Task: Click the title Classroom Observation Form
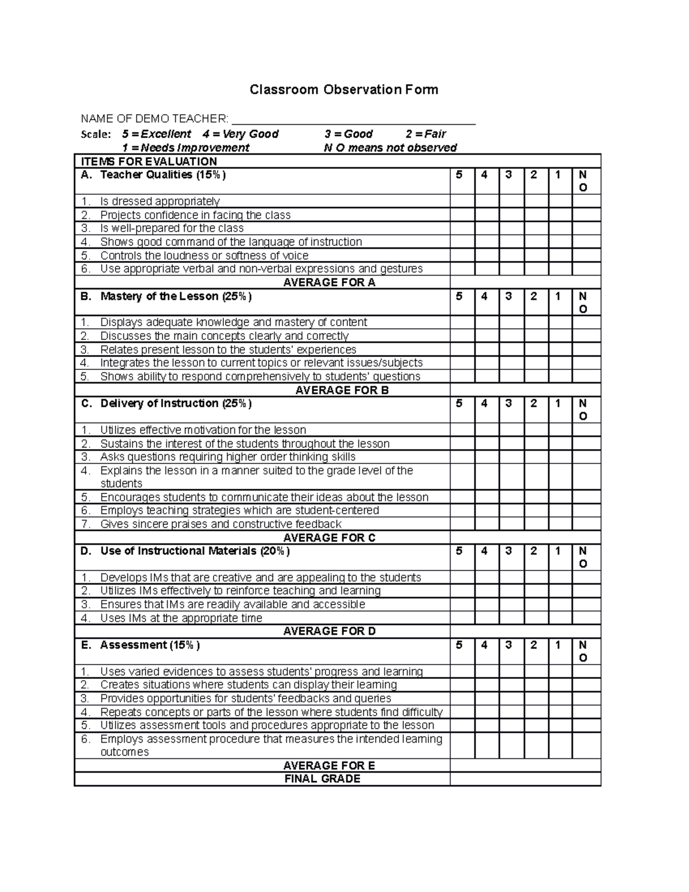point(343,90)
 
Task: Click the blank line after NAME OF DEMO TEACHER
point(353,119)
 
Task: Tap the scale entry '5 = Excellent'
point(156,134)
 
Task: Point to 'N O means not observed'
point(390,148)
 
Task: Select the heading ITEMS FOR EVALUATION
point(149,161)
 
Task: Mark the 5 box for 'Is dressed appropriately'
point(462,201)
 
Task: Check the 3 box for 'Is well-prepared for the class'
point(512,228)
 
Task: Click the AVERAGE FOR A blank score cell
point(525,282)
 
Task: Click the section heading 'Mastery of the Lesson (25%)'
point(176,296)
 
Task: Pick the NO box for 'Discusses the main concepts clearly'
point(586,335)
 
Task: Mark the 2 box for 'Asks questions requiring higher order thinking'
point(536,457)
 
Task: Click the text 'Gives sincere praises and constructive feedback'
point(220,524)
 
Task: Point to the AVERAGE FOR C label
point(330,538)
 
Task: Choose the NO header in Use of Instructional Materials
point(583,557)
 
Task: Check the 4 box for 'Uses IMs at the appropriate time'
point(487,618)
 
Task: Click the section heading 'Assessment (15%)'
point(149,645)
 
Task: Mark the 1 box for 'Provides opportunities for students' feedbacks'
point(560,698)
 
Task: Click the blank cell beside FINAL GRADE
point(525,779)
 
